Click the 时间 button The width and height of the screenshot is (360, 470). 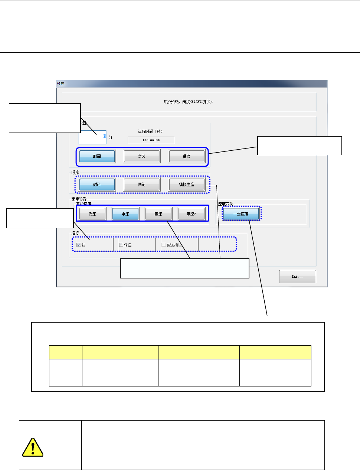97,156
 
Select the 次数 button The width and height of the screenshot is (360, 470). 142,156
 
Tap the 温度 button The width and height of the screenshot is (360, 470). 186,156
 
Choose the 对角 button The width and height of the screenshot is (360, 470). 97,185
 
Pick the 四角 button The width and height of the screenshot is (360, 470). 142,185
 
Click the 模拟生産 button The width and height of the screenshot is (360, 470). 186,185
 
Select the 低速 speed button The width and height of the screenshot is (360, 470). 92,214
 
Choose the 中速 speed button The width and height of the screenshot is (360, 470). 125,214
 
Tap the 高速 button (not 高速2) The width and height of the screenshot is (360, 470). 158,214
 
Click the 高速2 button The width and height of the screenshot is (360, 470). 192,214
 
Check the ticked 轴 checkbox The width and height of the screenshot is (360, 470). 79,245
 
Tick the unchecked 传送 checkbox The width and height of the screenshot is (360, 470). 121,245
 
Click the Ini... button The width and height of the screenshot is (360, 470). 297,277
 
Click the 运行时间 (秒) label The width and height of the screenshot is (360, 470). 150,131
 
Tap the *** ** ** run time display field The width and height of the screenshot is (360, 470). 151,140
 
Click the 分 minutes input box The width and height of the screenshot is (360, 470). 92,137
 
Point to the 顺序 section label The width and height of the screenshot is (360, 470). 75,172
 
